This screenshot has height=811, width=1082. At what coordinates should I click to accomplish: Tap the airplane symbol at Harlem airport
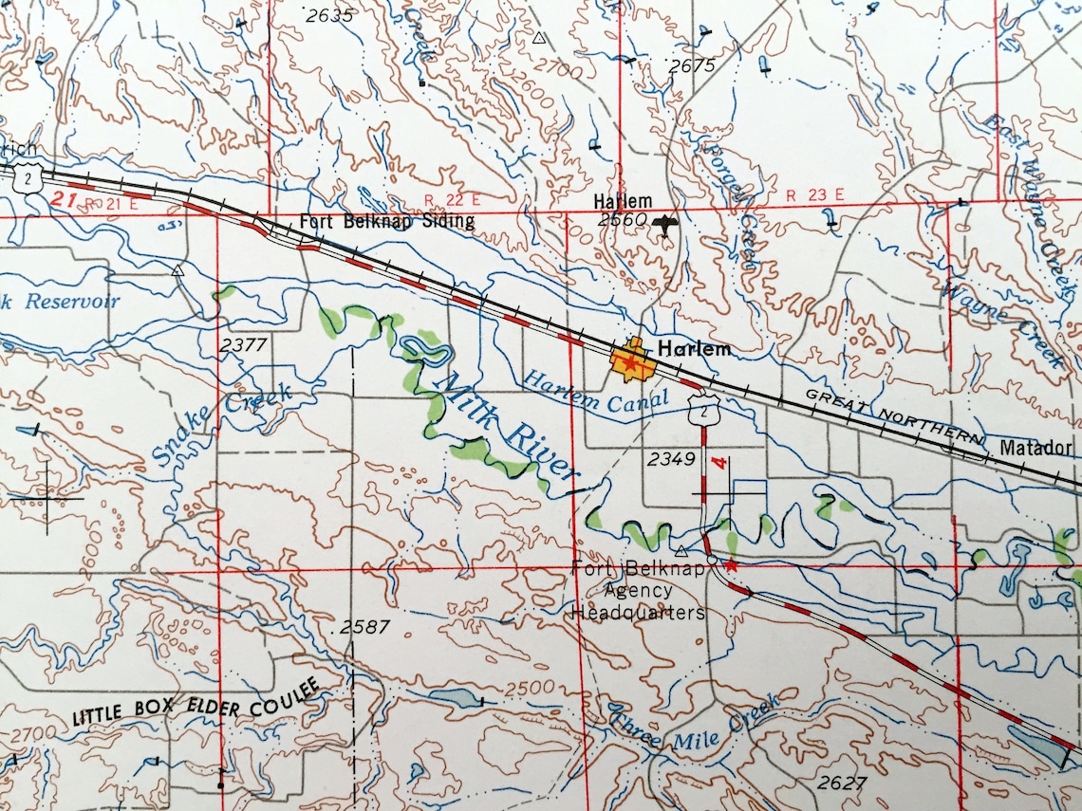tap(666, 224)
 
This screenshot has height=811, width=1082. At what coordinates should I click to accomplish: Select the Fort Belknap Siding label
tap(386, 222)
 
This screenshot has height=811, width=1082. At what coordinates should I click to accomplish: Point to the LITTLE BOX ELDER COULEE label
tap(196, 702)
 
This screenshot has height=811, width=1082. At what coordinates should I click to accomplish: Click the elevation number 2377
tap(243, 345)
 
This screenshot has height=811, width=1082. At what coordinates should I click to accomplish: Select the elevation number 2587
tap(364, 628)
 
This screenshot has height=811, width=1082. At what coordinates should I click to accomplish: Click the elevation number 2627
tap(841, 783)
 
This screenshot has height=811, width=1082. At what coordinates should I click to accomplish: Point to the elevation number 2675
tap(691, 65)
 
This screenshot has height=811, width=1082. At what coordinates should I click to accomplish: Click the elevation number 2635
tap(329, 15)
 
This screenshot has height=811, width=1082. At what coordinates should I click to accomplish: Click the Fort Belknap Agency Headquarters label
tap(638, 591)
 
